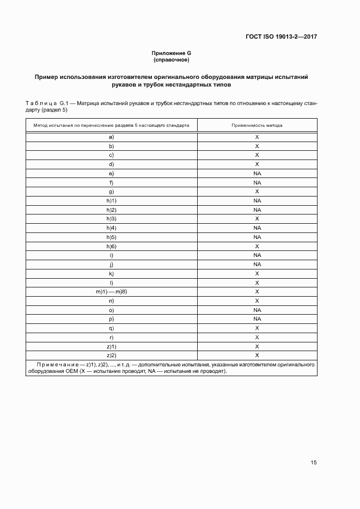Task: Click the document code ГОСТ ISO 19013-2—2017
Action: (x=277, y=37)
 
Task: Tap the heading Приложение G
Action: (x=171, y=53)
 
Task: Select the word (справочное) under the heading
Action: (x=171, y=60)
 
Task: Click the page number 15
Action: (x=314, y=463)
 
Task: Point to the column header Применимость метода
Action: (x=257, y=125)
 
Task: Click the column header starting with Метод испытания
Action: (x=111, y=125)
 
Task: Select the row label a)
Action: (x=111, y=137)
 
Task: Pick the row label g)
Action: (x=111, y=192)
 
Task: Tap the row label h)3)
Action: (x=111, y=219)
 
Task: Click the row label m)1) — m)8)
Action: (x=111, y=292)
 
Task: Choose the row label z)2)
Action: (x=111, y=355)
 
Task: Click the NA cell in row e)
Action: (x=257, y=174)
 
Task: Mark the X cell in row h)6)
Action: (x=257, y=246)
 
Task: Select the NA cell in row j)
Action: (x=257, y=265)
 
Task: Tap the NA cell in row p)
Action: (x=257, y=319)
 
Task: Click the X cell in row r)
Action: (x=257, y=337)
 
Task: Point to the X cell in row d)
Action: (x=257, y=164)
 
